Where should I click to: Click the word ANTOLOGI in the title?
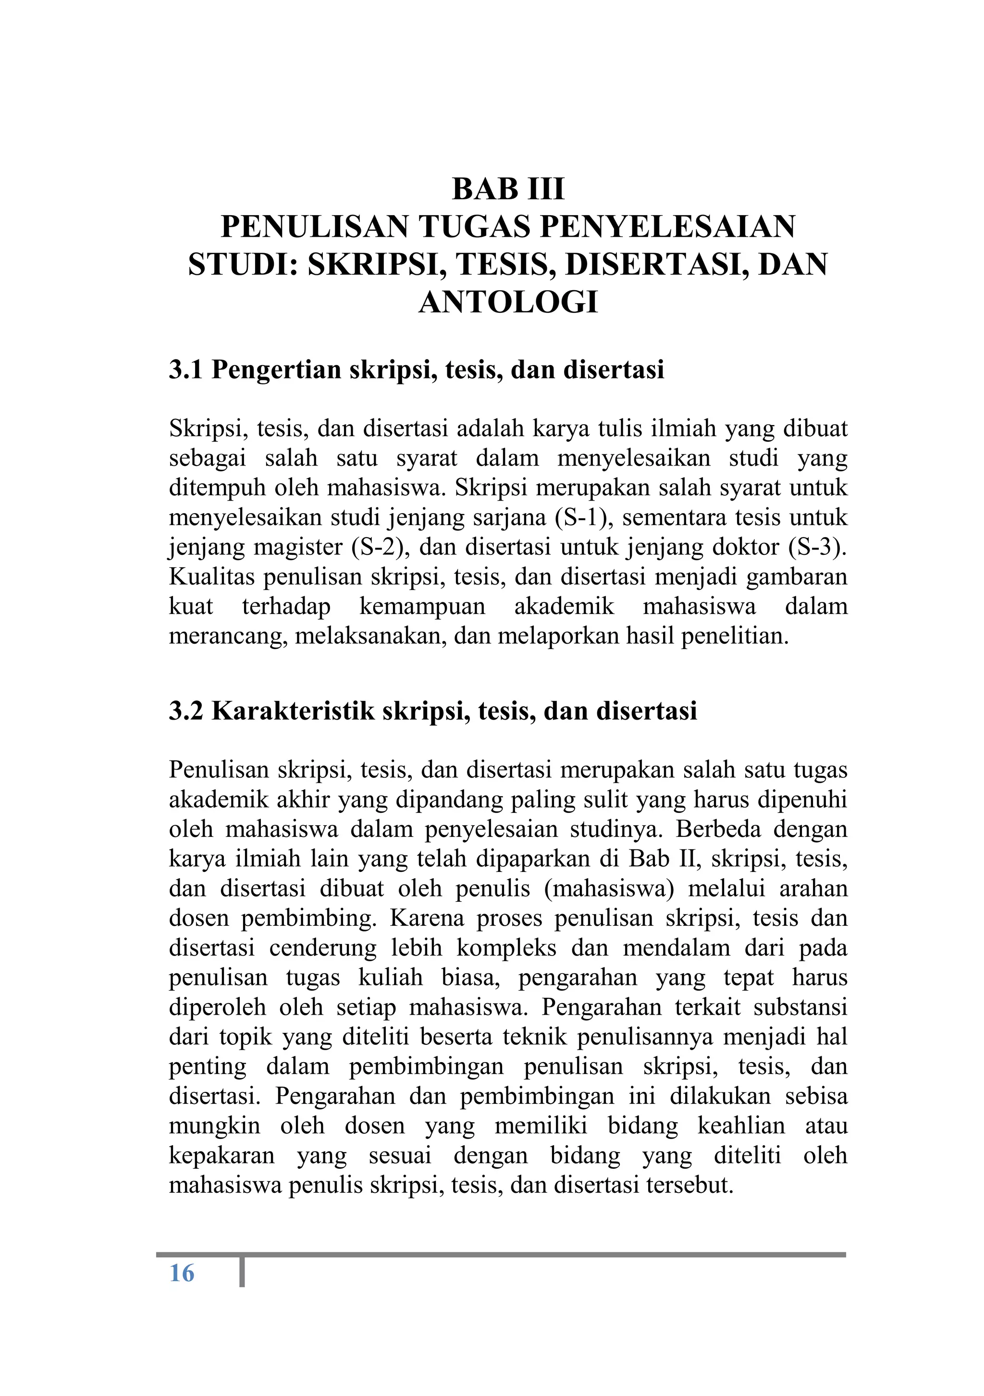click(508, 302)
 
